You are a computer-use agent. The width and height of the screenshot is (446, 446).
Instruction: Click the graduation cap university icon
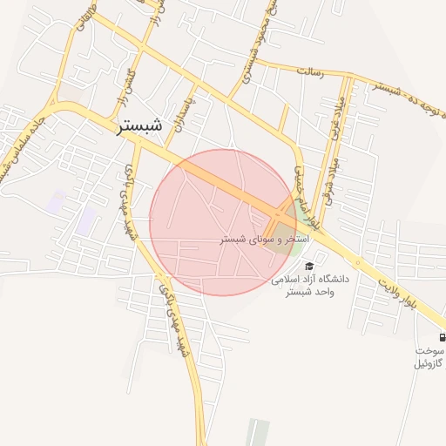tap(309, 266)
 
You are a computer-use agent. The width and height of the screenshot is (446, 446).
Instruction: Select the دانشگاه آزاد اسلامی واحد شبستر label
tap(309, 286)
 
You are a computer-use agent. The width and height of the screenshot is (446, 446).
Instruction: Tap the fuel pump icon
tap(442, 337)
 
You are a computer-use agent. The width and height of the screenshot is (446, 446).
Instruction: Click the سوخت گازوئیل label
tap(429, 356)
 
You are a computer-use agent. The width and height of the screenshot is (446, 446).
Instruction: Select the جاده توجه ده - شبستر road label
tap(409, 85)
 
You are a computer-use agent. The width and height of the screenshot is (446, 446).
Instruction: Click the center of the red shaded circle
tap(223, 222)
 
